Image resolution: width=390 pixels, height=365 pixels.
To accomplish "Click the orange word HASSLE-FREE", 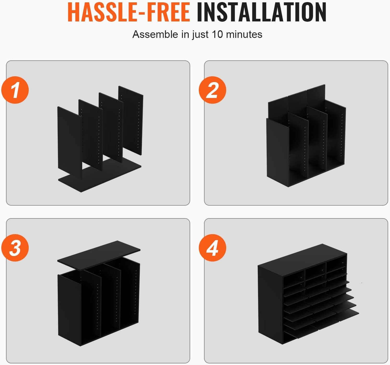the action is click(x=129, y=12).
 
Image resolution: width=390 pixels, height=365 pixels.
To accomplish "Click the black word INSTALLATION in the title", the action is click(x=261, y=12).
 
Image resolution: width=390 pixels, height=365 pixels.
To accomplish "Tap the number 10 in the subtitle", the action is click(x=217, y=34).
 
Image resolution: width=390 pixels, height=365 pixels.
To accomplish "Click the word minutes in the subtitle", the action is click(x=244, y=34).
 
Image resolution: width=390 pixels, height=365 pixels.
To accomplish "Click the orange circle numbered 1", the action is click(x=15, y=90).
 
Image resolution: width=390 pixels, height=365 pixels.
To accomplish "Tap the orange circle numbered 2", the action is click(x=212, y=90).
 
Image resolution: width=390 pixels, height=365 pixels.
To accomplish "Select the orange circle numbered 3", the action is click(x=15, y=248).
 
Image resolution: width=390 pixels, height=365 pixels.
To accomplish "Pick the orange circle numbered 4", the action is click(x=212, y=248).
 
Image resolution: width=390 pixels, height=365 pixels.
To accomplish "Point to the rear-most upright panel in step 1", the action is click(x=131, y=120).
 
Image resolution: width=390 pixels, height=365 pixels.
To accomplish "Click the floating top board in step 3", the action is click(x=99, y=255).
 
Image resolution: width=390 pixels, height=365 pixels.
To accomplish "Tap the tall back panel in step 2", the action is click(x=296, y=100).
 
